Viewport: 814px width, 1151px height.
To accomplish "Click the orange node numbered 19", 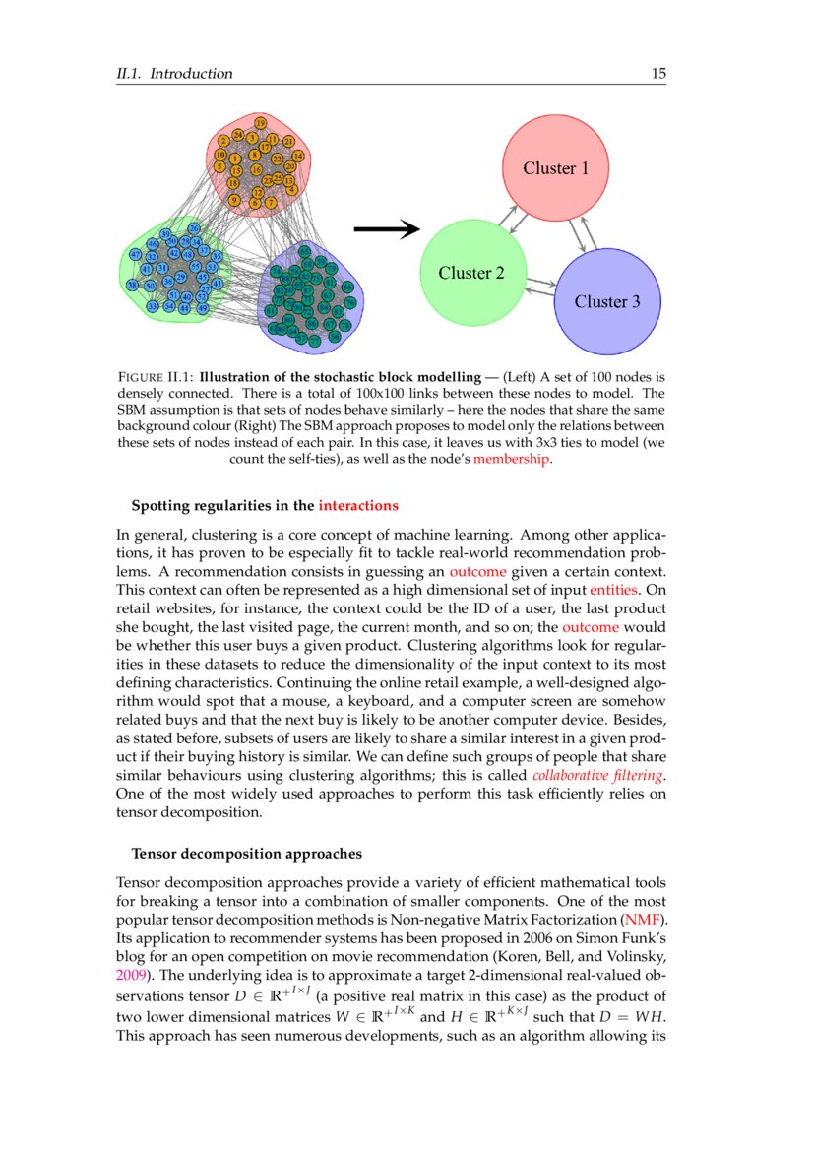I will (260, 123).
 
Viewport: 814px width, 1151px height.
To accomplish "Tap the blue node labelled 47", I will (136, 255).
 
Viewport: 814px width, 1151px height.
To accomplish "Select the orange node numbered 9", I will (233, 200).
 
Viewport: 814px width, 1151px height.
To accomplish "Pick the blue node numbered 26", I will (194, 229).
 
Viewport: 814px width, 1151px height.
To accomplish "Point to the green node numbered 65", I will (305, 252).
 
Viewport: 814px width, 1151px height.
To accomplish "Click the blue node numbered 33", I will (152, 307).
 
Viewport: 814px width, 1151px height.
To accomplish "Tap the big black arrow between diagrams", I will (386, 229).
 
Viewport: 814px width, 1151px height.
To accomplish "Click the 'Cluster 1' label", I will (555, 168).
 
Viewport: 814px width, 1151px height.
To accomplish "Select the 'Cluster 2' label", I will (470, 273).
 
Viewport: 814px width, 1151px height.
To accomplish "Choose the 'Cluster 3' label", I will (607, 301).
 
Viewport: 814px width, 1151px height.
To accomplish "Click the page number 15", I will (658, 74).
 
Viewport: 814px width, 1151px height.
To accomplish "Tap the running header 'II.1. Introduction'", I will (174, 74).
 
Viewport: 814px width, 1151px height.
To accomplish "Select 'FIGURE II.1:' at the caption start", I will (155, 376).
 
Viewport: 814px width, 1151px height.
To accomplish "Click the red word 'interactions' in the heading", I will (358, 506).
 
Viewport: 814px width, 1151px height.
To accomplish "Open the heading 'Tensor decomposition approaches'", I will (246, 853).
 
